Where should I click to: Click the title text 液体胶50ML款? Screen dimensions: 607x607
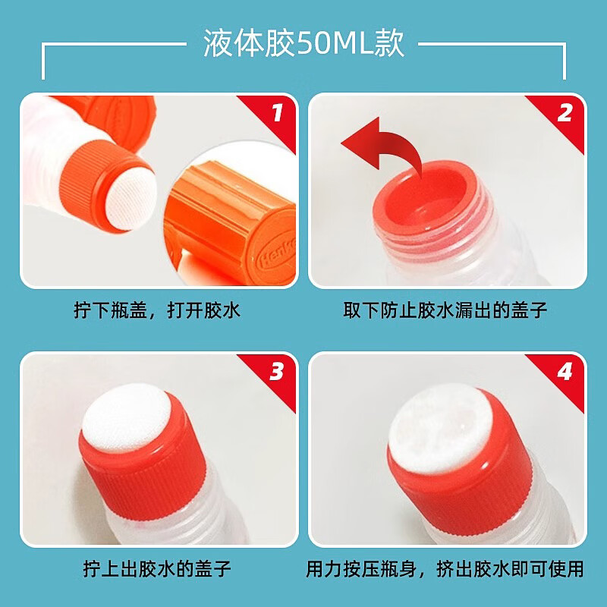[x=304, y=43]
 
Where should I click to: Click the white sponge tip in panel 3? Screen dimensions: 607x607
[x=127, y=418]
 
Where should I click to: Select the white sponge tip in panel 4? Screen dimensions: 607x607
[x=440, y=428]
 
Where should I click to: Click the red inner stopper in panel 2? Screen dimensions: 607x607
[x=429, y=197]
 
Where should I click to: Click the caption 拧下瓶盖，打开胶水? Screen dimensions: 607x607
[x=157, y=310]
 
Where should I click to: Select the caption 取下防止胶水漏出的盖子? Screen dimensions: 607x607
[x=445, y=310]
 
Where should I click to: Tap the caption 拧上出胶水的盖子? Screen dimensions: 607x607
[x=157, y=568]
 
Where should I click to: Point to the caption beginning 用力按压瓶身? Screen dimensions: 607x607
[x=445, y=568]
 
